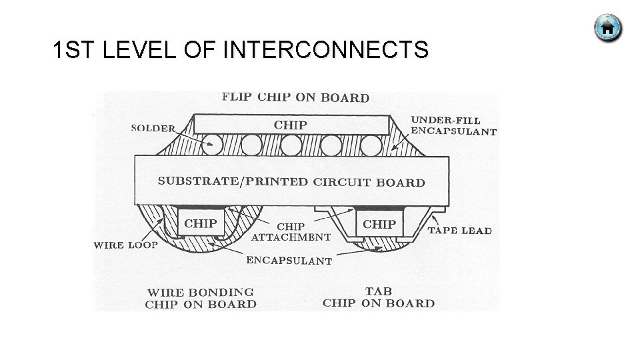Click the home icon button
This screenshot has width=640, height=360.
607,28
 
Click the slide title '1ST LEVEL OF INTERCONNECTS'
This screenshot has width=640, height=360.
241,50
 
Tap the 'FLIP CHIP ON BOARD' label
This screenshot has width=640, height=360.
295,97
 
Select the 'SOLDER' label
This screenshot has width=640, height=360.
153,128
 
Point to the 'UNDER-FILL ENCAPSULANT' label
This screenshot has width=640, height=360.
453,125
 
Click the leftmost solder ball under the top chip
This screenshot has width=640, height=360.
213,143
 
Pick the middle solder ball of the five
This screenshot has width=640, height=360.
291,143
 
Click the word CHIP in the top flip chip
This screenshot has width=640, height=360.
291,125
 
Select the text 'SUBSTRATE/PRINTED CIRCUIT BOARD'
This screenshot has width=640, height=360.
291,181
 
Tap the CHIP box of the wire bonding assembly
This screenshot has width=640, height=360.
200,224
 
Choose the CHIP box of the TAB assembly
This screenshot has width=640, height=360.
379,224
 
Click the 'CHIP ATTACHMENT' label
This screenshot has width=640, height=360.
291,232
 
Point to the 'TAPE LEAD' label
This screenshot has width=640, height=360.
459,231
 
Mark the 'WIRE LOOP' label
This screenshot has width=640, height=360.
126,245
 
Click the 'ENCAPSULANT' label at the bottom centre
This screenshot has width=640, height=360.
289,261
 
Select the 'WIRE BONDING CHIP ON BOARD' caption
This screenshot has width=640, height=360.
201,298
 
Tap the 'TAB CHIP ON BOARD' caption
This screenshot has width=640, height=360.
379,297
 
